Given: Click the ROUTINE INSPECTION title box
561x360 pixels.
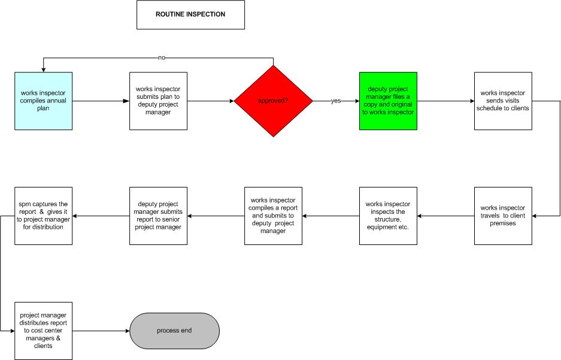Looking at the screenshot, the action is click(191, 14).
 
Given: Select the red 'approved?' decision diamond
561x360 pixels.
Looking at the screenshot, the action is click(274, 101).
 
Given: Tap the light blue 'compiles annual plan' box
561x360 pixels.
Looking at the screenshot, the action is click(43, 101).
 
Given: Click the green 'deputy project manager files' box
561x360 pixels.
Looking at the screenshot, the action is click(388, 101).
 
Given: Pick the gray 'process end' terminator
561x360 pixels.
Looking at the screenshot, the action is click(174, 331).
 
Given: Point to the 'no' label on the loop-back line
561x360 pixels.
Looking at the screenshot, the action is click(162, 58).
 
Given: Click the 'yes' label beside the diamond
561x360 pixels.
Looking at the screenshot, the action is click(336, 101).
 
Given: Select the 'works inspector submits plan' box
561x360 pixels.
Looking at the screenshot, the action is click(158, 101).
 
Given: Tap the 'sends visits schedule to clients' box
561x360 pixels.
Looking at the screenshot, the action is click(503, 101).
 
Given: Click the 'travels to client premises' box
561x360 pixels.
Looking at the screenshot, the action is click(503, 216).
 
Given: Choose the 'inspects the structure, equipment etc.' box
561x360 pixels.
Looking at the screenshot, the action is click(388, 216).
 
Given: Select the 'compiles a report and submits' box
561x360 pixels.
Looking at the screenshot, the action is click(274, 216).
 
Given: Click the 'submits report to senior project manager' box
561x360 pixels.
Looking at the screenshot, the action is click(158, 216).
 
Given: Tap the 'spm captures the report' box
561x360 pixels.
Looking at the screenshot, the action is click(43, 216).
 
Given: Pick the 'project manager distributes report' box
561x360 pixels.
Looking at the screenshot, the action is click(43, 331).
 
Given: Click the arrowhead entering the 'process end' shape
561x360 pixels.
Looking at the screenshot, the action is click(127, 331).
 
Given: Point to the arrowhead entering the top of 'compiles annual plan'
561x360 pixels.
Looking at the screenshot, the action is click(43, 69).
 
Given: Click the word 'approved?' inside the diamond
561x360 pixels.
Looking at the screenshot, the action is click(273, 101).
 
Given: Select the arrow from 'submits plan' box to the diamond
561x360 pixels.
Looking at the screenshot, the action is click(210, 101).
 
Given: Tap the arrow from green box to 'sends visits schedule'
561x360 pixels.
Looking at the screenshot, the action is click(446, 101).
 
